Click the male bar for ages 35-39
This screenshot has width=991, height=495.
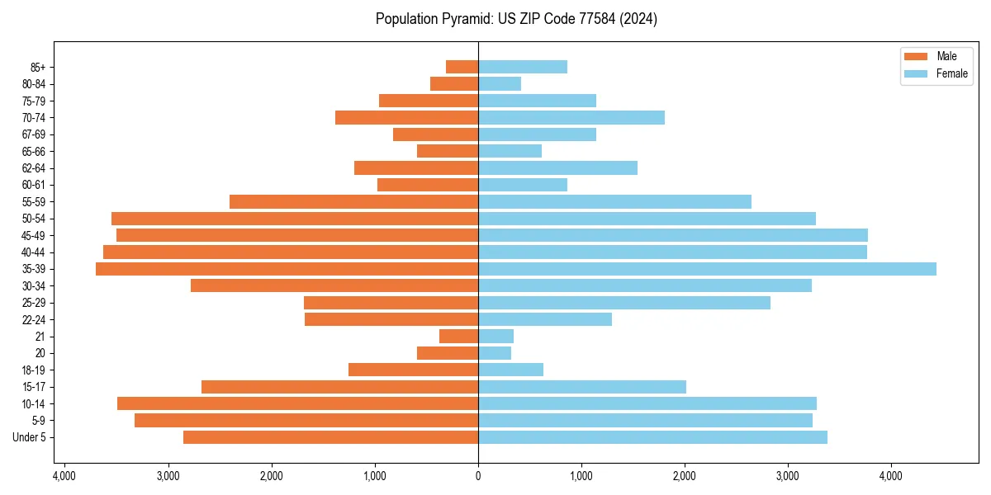(287, 269)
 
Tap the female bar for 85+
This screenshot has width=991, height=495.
(523, 67)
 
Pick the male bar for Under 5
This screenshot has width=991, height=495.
(330, 437)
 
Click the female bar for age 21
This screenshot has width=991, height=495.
(495, 337)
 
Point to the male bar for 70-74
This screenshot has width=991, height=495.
(406, 118)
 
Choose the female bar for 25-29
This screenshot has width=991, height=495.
(624, 303)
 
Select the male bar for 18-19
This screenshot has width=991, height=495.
(413, 370)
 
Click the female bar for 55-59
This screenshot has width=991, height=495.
(614, 202)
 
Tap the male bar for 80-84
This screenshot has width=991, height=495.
(454, 84)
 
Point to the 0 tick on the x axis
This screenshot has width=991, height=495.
(478, 477)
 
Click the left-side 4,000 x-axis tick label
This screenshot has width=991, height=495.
(64, 477)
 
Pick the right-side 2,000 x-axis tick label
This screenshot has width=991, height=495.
(685, 477)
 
